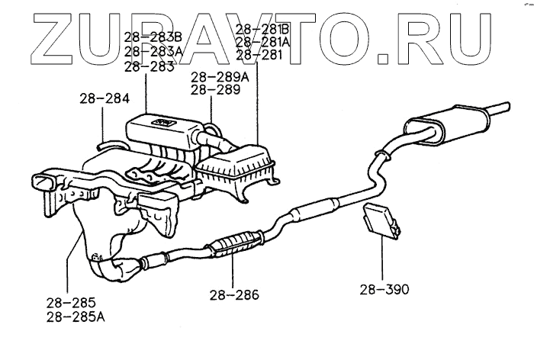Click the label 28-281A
click(x=263, y=43)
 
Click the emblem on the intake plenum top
click(x=163, y=122)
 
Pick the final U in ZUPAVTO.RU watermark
click(x=465, y=34)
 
